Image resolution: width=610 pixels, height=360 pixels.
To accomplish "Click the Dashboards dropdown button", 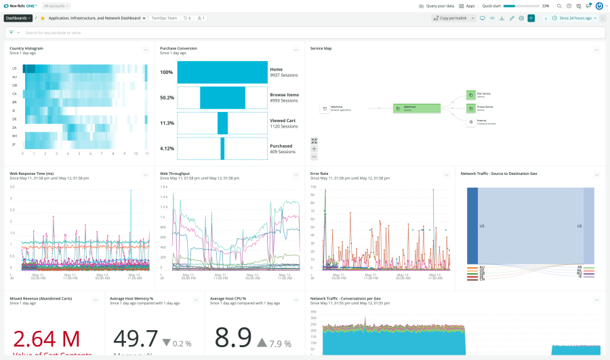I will coord(18,18).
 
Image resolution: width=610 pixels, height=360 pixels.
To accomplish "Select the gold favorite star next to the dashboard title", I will coord(43,18).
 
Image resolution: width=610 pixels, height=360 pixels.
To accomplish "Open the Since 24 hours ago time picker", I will coord(575,18).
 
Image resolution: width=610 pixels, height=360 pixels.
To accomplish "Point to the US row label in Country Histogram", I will coord(14,68).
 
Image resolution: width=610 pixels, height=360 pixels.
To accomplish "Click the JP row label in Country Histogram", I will coord(14,144).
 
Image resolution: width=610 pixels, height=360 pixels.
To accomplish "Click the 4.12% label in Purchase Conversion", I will coord(167,148).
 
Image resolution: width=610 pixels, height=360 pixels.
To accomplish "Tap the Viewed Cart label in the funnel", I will coord(283,120).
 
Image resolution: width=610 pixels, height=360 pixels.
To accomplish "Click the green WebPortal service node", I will coord(413,108).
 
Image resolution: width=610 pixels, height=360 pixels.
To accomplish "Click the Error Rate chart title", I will coord(319,174).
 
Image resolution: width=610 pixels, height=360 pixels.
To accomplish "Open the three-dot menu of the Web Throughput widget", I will coord(296,175).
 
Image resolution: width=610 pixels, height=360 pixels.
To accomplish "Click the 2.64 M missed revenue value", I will coord(46,338).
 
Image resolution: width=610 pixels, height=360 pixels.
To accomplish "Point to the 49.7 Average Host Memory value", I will coord(136,338).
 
